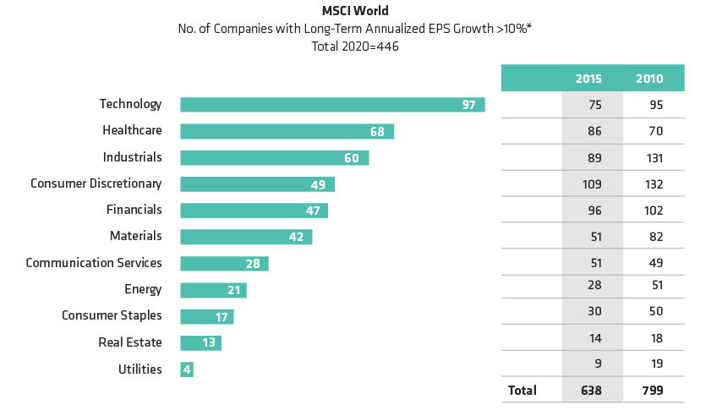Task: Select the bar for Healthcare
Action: (287, 132)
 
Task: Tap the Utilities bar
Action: (187, 369)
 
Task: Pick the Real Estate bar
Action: (200, 343)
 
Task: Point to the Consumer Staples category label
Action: (112, 315)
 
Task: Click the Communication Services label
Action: (94, 263)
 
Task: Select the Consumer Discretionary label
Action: (96, 183)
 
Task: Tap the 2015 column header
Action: (588, 79)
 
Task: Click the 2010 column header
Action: (649, 79)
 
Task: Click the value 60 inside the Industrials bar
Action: (352, 158)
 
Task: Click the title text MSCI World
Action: (354, 12)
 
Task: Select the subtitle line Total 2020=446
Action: (354, 47)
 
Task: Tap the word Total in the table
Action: (522, 391)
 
